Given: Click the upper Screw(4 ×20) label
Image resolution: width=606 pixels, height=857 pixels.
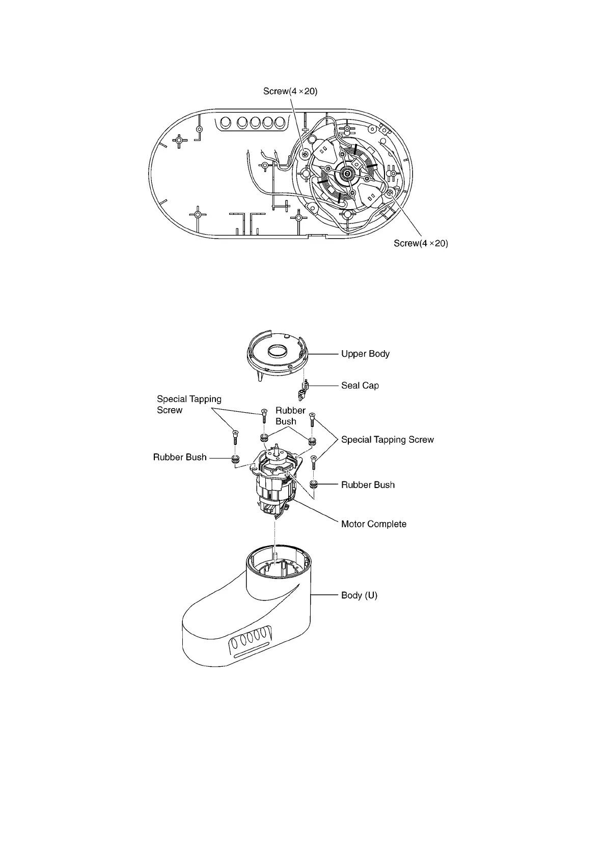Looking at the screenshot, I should click(290, 92).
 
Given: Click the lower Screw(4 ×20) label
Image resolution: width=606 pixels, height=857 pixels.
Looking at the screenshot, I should click(421, 243).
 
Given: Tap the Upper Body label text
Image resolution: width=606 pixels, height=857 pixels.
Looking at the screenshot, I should click(365, 354).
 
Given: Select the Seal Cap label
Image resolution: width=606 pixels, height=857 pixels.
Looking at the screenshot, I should click(360, 386).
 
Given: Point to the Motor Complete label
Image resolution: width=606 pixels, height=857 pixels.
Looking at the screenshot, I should click(374, 524).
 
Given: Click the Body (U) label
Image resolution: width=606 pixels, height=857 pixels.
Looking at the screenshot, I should click(359, 595).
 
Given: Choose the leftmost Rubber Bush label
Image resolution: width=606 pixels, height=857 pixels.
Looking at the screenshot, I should click(180, 458).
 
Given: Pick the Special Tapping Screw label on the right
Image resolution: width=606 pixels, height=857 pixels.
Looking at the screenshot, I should click(387, 440).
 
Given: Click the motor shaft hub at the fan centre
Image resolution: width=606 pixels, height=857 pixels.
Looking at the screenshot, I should click(348, 174).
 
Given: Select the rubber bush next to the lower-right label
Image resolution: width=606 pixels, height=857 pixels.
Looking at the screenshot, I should click(314, 484).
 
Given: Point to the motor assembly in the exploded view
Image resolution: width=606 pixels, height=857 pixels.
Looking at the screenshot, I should click(275, 483).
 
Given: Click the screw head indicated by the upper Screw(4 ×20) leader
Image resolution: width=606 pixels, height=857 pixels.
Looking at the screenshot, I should click(305, 153).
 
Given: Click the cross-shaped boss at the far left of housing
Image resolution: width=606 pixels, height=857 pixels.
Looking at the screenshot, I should click(179, 140).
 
